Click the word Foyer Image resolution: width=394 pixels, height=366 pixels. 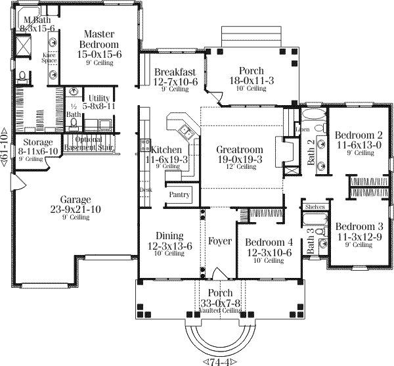point(219,241)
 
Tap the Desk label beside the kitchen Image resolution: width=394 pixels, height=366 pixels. point(145,190)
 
